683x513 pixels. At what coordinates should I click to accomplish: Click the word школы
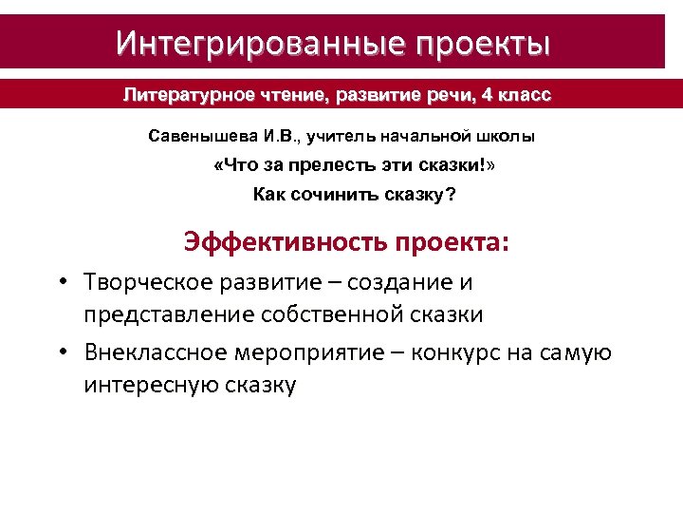[507, 136]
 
